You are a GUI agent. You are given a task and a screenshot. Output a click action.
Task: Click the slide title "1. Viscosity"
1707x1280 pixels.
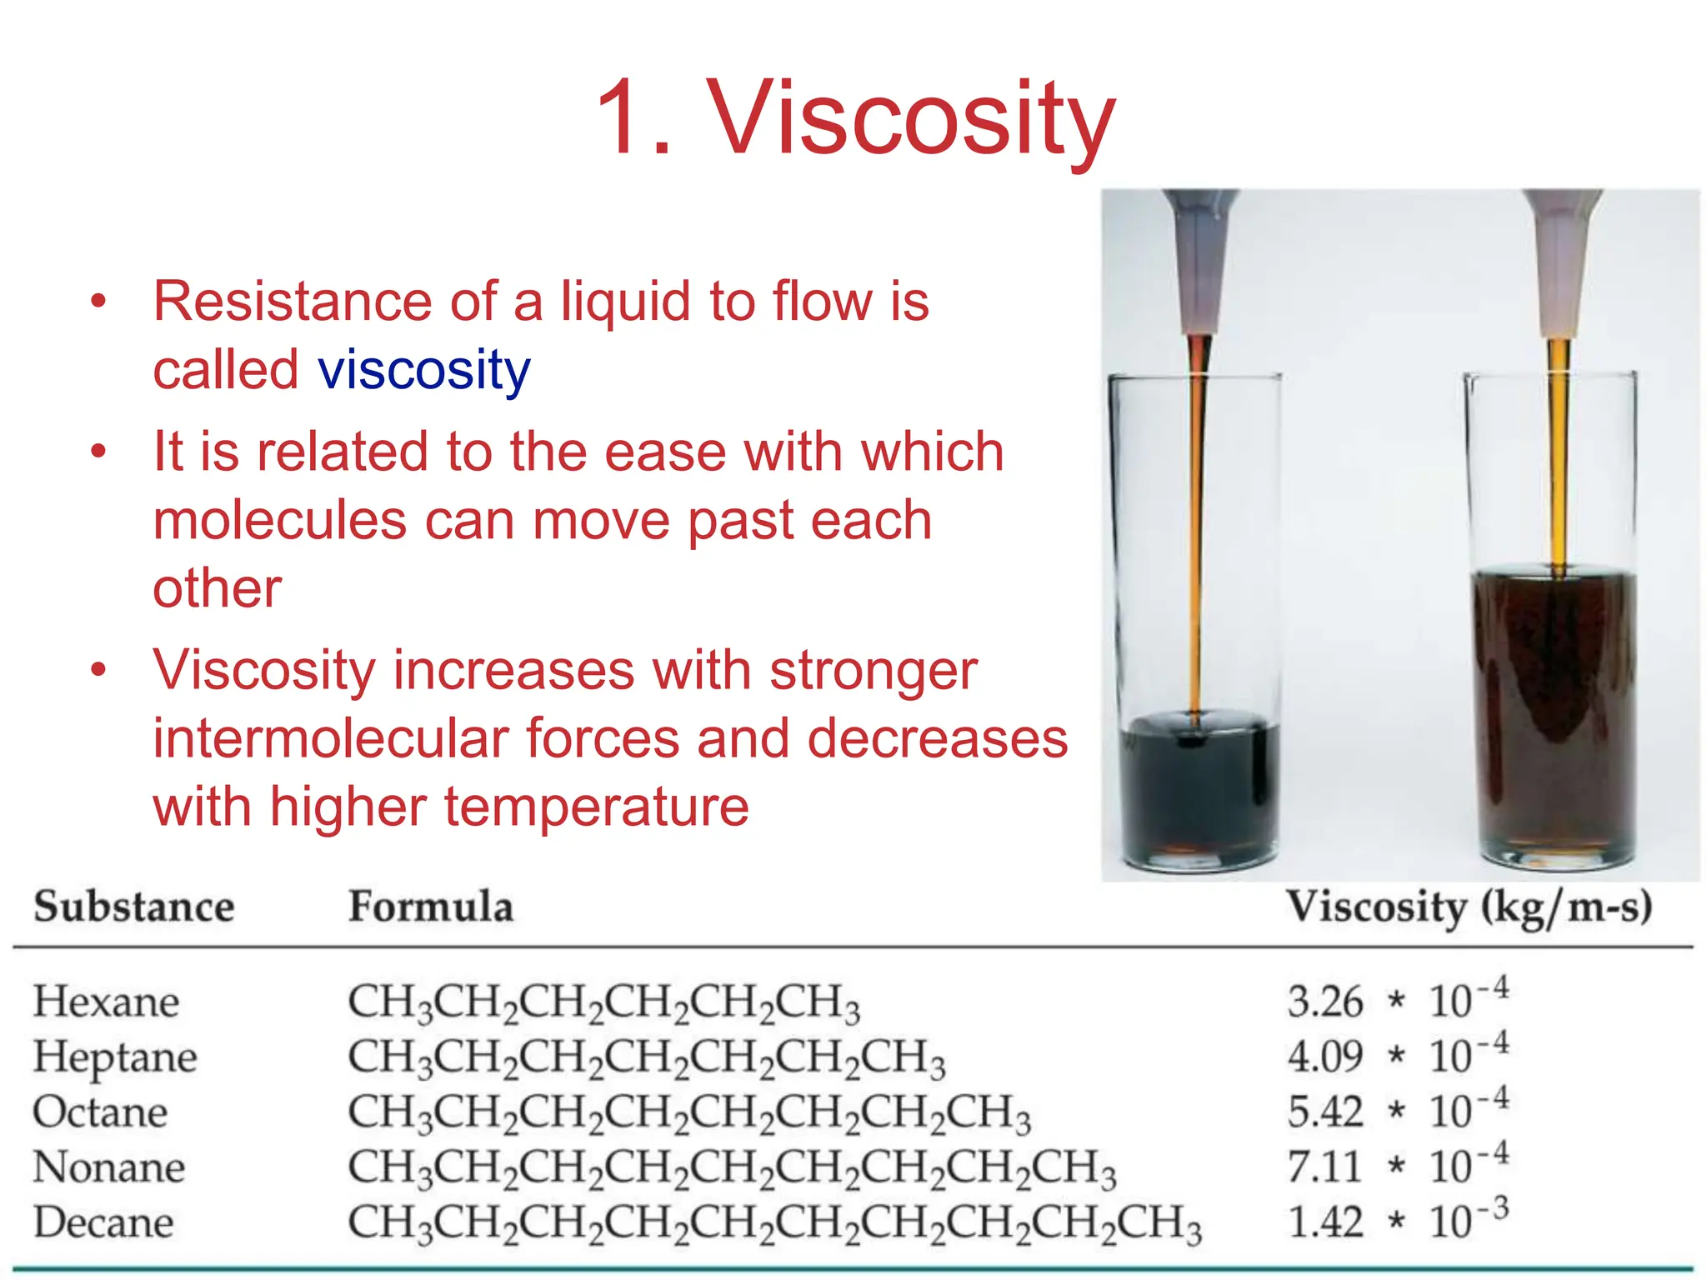tap(855, 118)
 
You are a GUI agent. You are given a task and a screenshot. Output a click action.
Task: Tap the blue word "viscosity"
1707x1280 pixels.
tap(423, 370)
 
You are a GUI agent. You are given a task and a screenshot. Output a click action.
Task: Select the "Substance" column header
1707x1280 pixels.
tap(134, 907)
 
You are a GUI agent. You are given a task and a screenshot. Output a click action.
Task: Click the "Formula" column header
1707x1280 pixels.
tap(430, 907)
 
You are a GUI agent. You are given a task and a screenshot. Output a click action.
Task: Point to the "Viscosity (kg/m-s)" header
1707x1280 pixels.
tap(1468, 907)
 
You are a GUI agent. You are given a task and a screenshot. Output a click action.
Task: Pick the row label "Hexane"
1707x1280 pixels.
tap(106, 1001)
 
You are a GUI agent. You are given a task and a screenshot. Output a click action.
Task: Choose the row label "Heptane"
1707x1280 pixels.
tap(115, 1057)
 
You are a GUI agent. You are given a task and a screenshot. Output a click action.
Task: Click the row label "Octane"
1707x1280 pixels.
tap(100, 1112)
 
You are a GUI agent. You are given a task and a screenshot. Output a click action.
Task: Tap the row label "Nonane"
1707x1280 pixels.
tap(108, 1167)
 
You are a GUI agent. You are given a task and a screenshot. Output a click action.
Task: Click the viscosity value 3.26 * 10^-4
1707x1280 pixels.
tap(1397, 999)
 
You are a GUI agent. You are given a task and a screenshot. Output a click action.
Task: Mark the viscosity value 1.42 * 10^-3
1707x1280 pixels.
tap(1397, 1221)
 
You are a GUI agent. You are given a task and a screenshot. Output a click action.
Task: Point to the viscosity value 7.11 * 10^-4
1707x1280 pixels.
tap(1397, 1165)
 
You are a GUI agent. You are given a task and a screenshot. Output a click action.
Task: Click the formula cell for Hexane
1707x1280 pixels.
tap(603, 1002)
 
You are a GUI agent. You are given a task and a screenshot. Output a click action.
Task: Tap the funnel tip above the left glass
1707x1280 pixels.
tap(1197, 317)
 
